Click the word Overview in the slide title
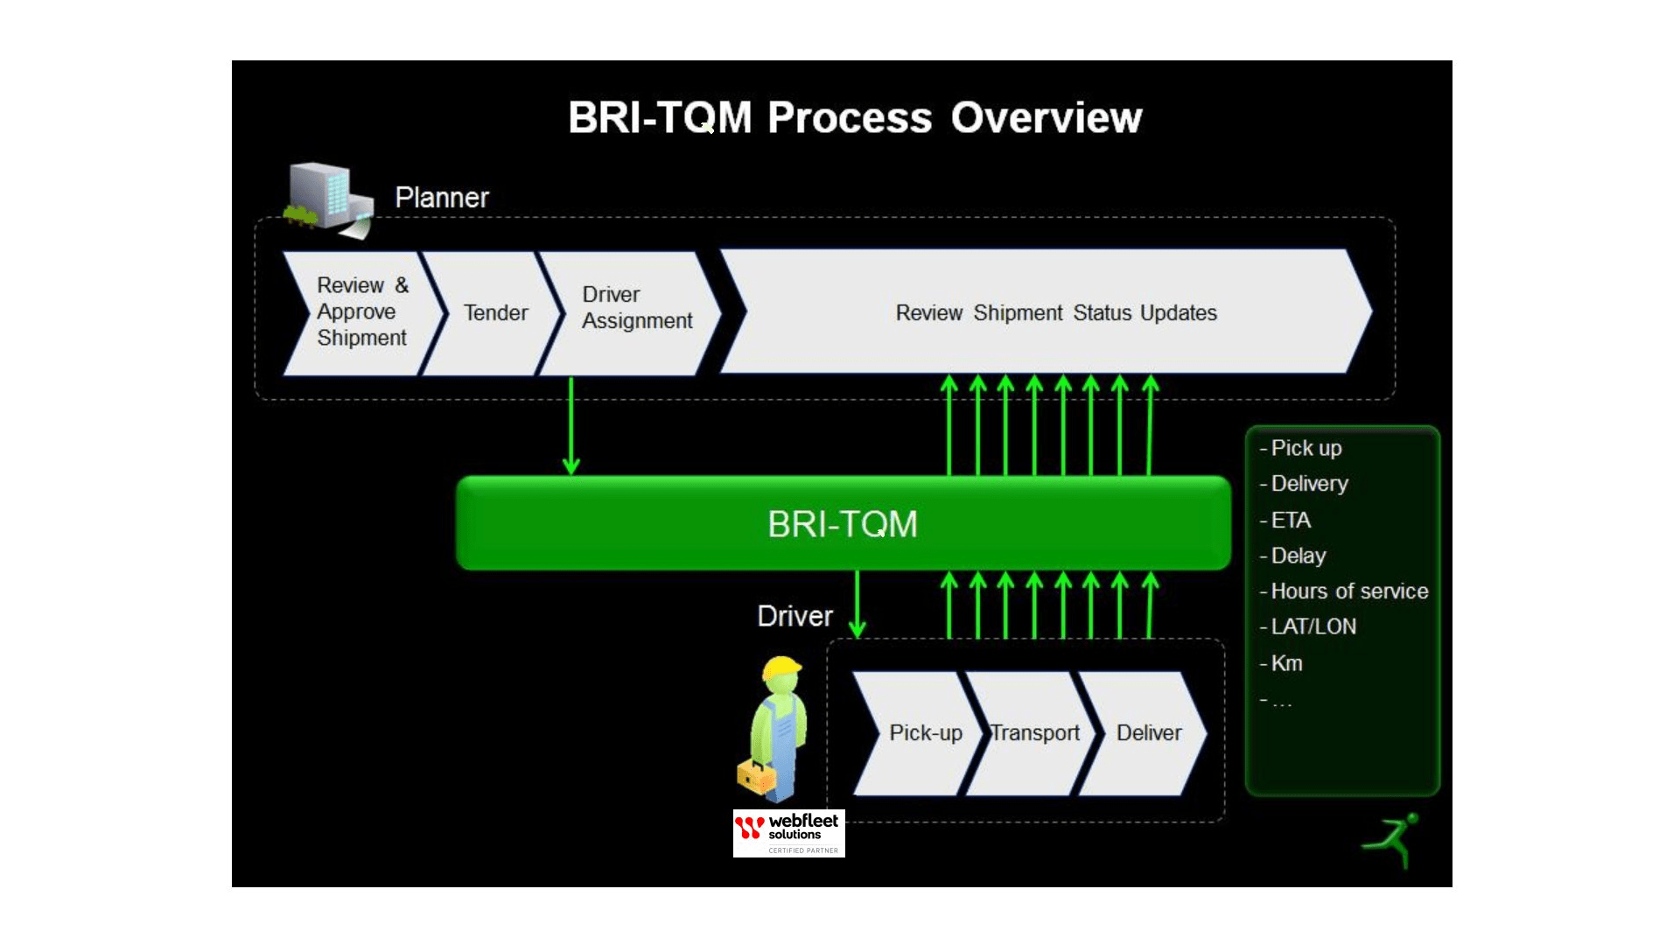(1046, 117)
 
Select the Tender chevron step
(495, 313)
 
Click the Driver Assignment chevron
(636, 308)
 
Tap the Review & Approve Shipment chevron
(362, 311)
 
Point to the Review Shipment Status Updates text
(1056, 312)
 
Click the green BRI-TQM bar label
(842, 524)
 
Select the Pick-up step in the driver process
(925, 733)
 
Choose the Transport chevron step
(1035, 733)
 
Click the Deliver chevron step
(1148, 733)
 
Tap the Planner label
(442, 198)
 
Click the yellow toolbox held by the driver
(756, 776)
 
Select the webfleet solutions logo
(788, 833)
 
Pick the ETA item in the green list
(1290, 521)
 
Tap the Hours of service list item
(1348, 591)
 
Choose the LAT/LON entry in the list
(1312, 626)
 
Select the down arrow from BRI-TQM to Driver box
(857, 604)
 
